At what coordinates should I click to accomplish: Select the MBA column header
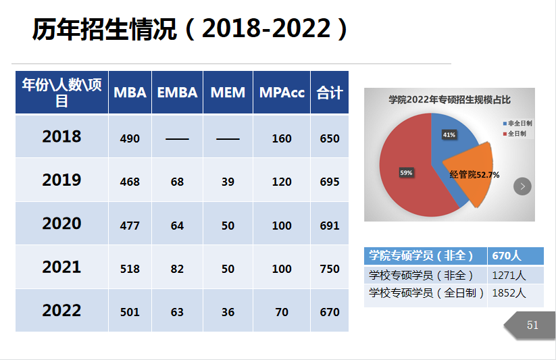coord(130,93)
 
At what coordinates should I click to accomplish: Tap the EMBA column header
coord(177,93)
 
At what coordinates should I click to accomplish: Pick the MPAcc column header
coord(282,93)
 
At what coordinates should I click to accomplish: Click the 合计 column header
coord(330,93)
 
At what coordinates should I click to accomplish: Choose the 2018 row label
coord(61,137)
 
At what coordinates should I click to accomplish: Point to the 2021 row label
coord(61,267)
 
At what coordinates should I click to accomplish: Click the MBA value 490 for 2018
coord(130,138)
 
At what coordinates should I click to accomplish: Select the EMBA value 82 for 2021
coord(177,269)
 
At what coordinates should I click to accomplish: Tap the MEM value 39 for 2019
coord(228,182)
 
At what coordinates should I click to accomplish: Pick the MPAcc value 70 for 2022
coord(282,312)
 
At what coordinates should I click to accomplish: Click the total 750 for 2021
coord(330,269)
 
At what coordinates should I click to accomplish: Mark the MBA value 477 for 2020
coord(130,226)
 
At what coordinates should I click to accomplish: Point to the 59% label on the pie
coord(406,173)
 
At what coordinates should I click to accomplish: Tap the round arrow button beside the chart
coord(522,186)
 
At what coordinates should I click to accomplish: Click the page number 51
coord(532,326)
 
